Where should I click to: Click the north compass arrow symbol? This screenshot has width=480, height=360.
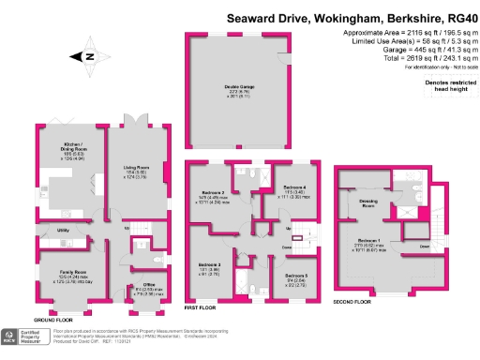click(87, 56)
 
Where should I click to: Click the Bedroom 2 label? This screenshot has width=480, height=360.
click(217, 194)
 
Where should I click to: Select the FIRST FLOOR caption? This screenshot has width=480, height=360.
click(200, 307)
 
